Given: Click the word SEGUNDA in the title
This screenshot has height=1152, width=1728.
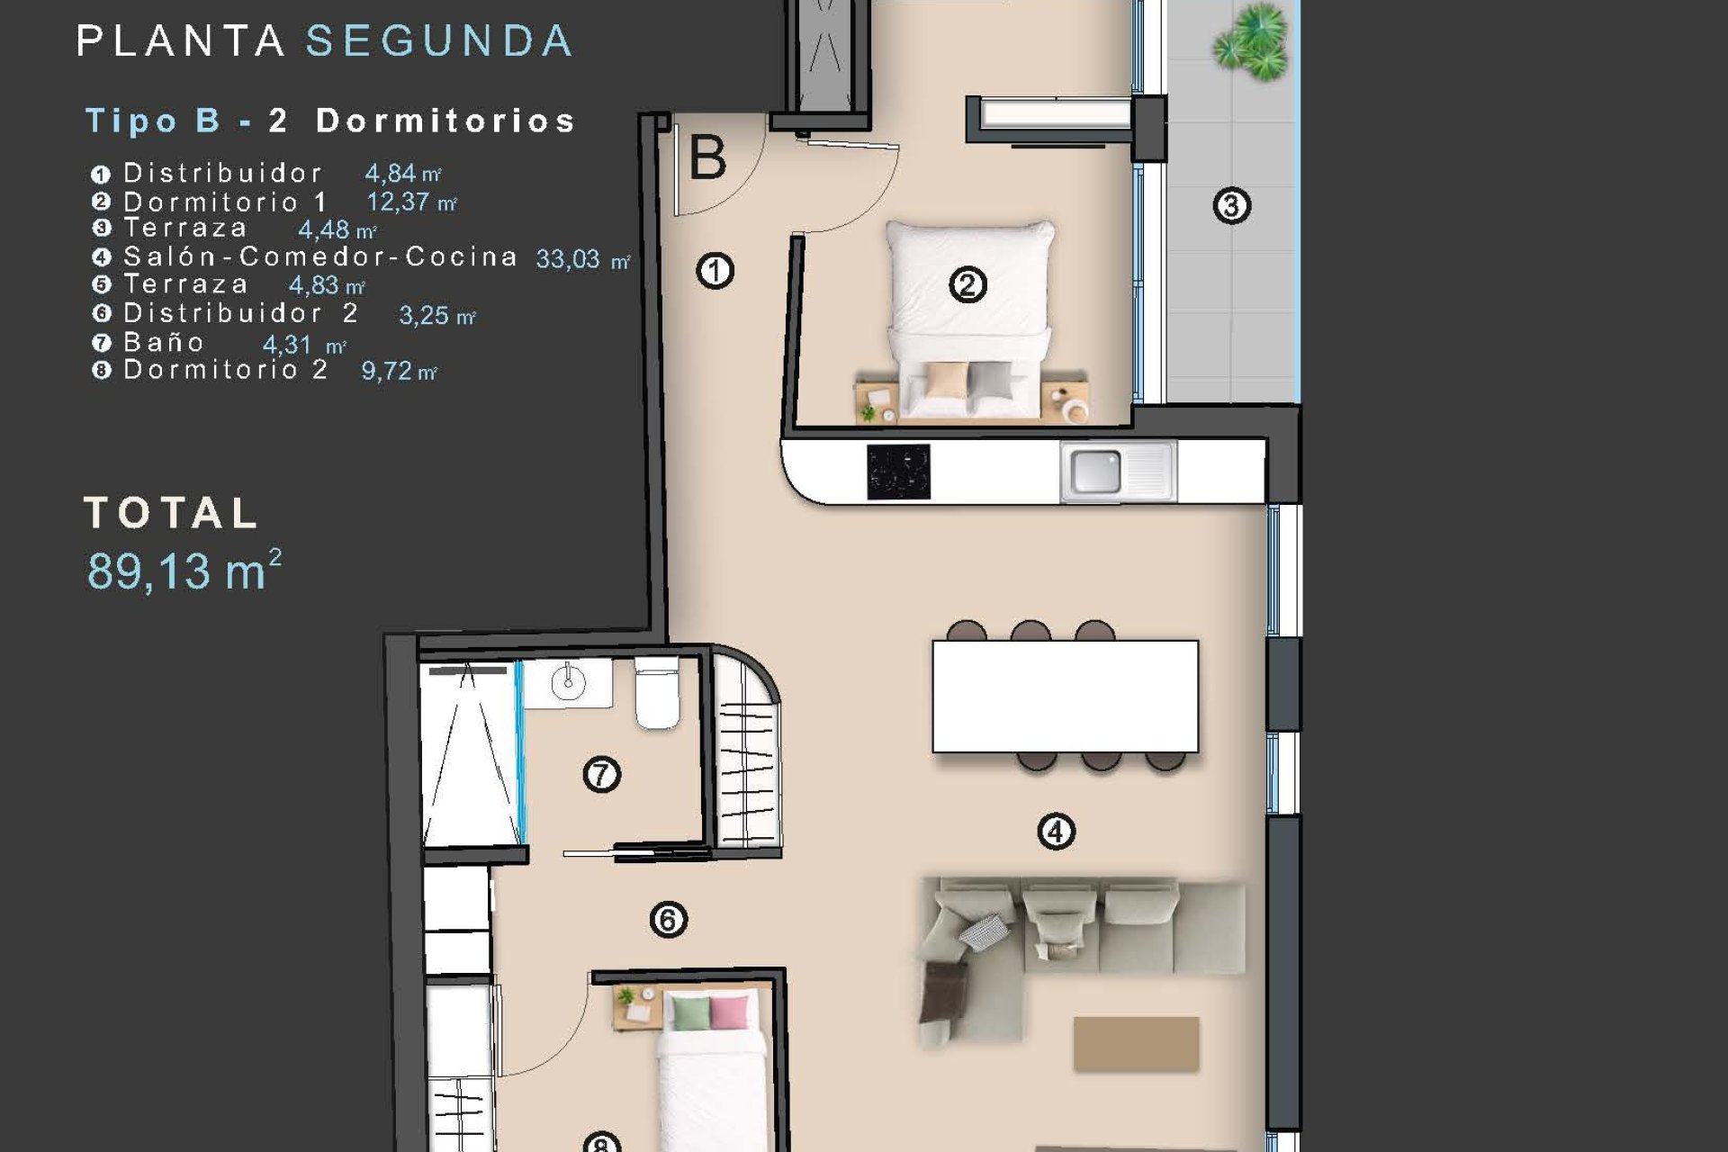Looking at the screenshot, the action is click(x=439, y=41).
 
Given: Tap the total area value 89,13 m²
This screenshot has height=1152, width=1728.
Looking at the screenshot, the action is click(x=184, y=571).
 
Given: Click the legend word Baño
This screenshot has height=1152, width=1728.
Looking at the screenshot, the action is click(x=164, y=342).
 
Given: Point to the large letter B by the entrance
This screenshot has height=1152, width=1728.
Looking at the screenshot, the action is click(x=706, y=158).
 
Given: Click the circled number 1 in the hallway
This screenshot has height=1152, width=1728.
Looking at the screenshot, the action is click(x=715, y=270).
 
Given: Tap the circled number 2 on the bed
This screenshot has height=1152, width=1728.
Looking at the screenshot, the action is click(x=967, y=285).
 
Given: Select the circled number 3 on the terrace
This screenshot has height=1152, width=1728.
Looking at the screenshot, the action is click(x=1231, y=206).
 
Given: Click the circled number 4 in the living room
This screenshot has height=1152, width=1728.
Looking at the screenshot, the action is click(x=1056, y=832).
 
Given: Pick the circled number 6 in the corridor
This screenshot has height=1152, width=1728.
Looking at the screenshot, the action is click(x=668, y=920).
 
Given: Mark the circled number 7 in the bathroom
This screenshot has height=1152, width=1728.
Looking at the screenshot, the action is click(x=601, y=774).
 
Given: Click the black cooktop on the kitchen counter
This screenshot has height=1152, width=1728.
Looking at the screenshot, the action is click(x=898, y=472).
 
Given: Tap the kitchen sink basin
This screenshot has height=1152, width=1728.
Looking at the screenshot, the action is click(x=1096, y=472).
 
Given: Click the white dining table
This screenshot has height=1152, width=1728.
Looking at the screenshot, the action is click(x=1065, y=696).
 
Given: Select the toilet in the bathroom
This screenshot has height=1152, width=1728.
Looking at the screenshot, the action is click(x=658, y=692).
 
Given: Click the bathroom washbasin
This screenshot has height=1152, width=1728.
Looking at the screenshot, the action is click(x=568, y=682).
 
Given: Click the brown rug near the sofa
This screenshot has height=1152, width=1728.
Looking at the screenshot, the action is click(x=1136, y=1044).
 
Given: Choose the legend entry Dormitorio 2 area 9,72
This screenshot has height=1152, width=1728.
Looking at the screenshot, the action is click(x=264, y=370).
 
